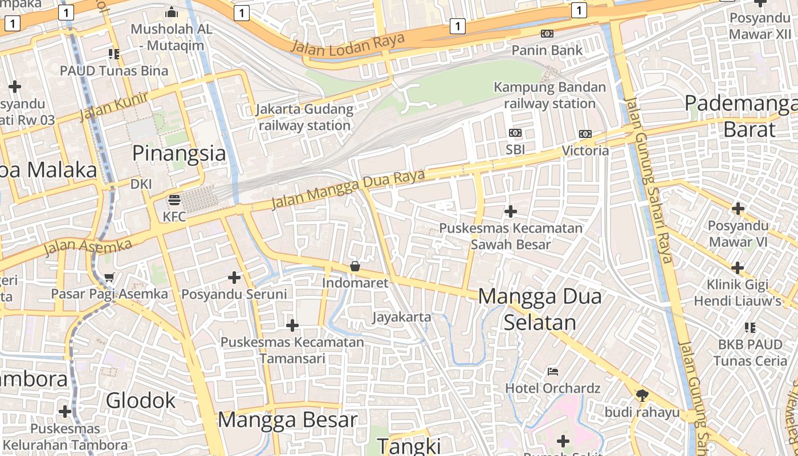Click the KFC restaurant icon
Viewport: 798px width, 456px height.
(x=174, y=200)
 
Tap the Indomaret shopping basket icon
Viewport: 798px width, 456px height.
(x=355, y=266)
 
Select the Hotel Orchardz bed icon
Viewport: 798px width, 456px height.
(x=552, y=372)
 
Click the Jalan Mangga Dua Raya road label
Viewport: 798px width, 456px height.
(x=348, y=189)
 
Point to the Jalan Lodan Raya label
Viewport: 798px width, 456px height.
(x=348, y=44)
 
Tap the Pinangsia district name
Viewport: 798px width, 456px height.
(x=179, y=153)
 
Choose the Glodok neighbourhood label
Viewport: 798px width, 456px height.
(x=141, y=400)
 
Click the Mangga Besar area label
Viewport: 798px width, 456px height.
(x=287, y=420)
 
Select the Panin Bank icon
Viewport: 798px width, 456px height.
(x=547, y=34)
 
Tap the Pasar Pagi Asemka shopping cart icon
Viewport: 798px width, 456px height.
(x=109, y=278)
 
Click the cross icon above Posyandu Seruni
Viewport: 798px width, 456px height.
(x=234, y=278)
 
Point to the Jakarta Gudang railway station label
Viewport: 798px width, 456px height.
(x=304, y=117)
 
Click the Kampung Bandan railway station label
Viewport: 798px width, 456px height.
(x=549, y=95)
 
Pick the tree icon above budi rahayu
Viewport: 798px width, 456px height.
(x=642, y=395)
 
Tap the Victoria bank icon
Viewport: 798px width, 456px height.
(x=585, y=134)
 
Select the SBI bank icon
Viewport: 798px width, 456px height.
(x=515, y=133)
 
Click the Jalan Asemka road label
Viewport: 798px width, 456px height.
(x=88, y=247)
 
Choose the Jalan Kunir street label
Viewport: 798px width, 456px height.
(x=113, y=105)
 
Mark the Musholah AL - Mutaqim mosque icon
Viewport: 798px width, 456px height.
(x=171, y=11)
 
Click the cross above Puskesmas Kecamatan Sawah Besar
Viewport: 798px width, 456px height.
(x=511, y=212)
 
